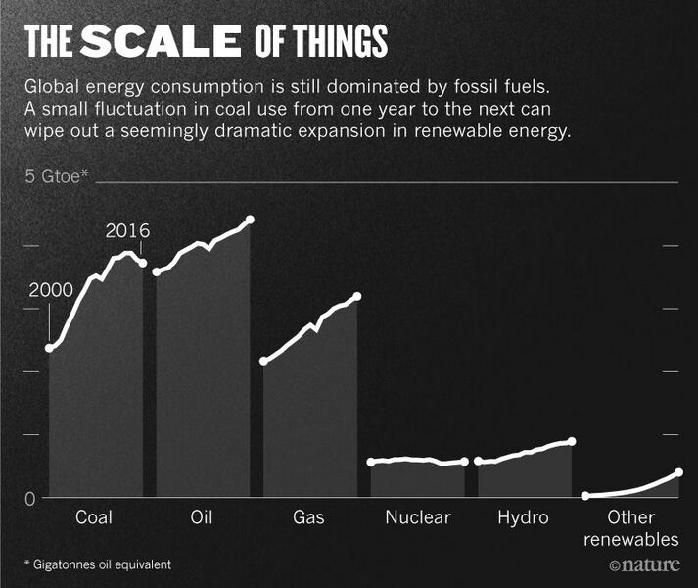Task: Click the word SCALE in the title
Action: [x=161, y=40]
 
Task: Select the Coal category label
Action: [x=94, y=517]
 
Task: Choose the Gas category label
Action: [x=308, y=517]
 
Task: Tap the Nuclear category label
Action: [x=417, y=517]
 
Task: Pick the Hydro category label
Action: [x=523, y=517]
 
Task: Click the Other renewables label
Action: [x=630, y=528]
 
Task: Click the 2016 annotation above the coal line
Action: [x=127, y=231]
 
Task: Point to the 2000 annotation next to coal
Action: [x=51, y=290]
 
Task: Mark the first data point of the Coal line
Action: [x=50, y=348]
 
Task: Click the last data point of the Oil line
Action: [x=250, y=219]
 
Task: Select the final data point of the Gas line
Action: [x=357, y=296]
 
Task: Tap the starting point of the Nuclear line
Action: [x=371, y=462]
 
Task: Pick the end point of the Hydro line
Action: [x=572, y=442]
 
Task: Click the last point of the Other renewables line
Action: [x=679, y=472]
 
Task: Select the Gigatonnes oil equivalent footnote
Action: [x=98, y=564]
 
